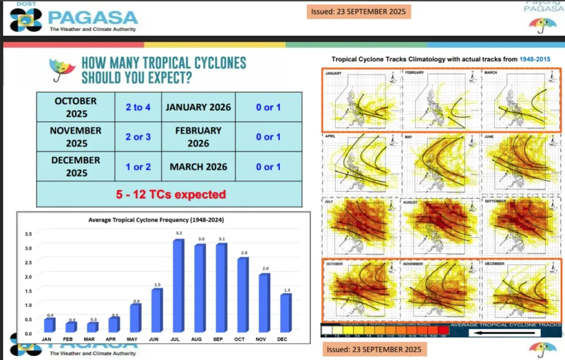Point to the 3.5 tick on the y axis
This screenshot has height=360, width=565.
pyautogui.click(x=29, y=234)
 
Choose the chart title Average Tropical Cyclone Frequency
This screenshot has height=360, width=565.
pyautogui.click(x=159, y=220)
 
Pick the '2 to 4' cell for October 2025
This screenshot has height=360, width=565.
pyautogui.click(x=138, y=107)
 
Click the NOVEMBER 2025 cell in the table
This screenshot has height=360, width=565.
pyautogui.click(x=76, y=137)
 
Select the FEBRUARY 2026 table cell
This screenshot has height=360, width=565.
pyautogui.click(x=198, y=137)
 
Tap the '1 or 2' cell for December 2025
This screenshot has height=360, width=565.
pyautogui.click(x=138, y=166)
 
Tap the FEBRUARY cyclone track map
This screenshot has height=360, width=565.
pyautogui.click(x=441, y=99)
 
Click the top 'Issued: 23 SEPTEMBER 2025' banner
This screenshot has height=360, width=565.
pyautogui.click(x=358, y=12)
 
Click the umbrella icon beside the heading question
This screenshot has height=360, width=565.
pyautogui.click(x=62, y=68)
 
